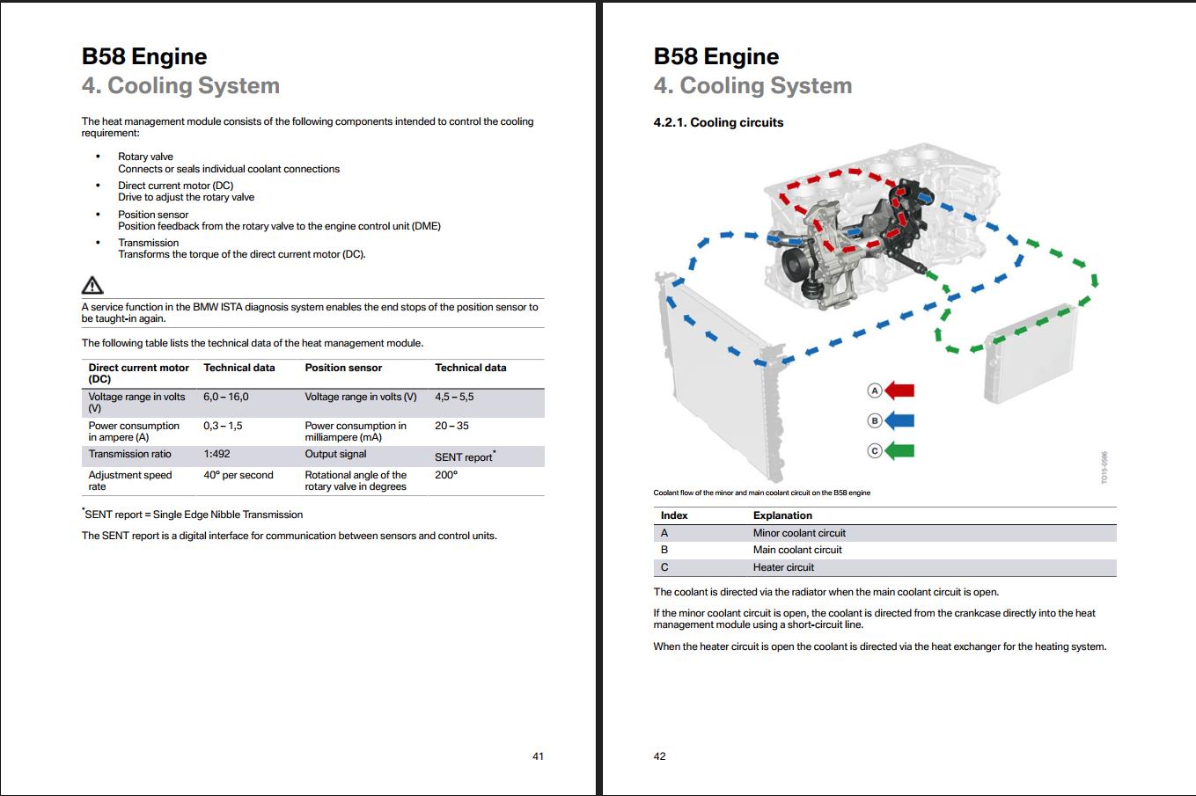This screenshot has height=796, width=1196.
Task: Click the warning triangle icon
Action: tap(92, 285)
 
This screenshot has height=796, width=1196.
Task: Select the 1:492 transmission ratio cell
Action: tap(216, 455)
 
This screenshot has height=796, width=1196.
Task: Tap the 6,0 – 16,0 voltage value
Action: tap(226, 398)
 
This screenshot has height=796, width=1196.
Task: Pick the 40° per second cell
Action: tap(238, 475)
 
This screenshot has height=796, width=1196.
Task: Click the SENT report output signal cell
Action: tap(465, 456)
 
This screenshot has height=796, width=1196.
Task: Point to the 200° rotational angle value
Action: tap(446, 475)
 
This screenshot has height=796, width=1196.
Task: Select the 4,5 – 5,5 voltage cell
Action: tap(454, 398)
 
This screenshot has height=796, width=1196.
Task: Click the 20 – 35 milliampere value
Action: tap(451, 426)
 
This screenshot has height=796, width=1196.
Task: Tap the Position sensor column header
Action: tap(343, 368)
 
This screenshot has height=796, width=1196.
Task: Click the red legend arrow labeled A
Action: tap(899, 391)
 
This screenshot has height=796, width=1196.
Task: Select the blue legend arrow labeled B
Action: tap(899, 420)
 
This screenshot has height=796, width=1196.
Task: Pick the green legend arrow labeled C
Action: tap(899, 451)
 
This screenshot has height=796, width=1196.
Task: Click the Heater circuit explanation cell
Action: tap(783, 567)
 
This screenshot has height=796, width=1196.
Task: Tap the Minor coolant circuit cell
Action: tap(799, 533)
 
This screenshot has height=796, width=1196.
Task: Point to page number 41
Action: tap(538, 756)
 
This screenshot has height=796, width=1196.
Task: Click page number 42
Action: tap(659, 756)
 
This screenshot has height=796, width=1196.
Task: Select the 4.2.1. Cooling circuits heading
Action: tap(718, 123)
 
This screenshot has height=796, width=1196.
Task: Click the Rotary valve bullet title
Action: tap(145, 157)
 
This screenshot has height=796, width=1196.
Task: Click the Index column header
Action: tap(674, 515)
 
